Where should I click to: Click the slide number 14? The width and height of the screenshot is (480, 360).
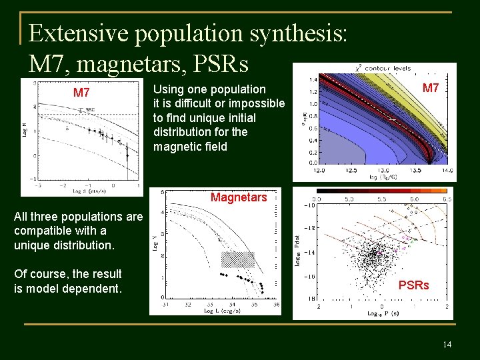tap(446, 344)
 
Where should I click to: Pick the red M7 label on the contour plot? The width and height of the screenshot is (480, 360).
tap(431, 88)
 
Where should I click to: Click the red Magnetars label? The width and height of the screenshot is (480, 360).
tap(238, 197)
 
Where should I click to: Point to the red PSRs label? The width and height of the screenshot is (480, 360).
tap(413, 285)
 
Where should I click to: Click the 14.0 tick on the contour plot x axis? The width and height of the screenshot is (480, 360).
tap(447, 171)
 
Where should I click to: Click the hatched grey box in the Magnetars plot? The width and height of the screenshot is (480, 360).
tap(238, 259)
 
